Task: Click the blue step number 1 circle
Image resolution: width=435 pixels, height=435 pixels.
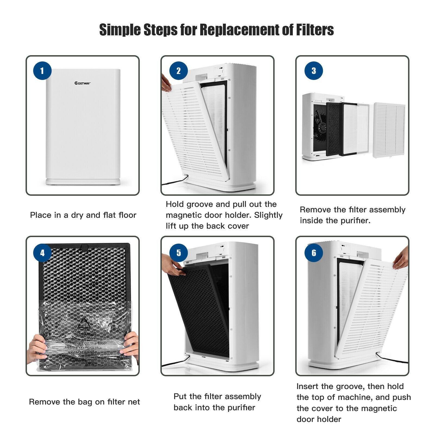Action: coord(42,71)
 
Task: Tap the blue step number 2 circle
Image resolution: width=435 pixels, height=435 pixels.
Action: coord(178,71)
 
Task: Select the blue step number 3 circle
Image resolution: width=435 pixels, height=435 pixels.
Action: coord(313,71)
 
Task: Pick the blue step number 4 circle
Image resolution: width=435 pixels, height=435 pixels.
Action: coord(42,253)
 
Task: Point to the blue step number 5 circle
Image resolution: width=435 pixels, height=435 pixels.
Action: coord(178,253)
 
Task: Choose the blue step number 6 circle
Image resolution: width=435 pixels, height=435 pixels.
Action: coord(313,253)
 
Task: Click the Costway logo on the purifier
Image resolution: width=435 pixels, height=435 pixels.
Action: coord(83,83)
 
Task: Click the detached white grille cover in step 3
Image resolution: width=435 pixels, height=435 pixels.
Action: coord(389,130)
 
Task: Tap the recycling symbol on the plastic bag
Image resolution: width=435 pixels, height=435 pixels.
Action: coord(83,324)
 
